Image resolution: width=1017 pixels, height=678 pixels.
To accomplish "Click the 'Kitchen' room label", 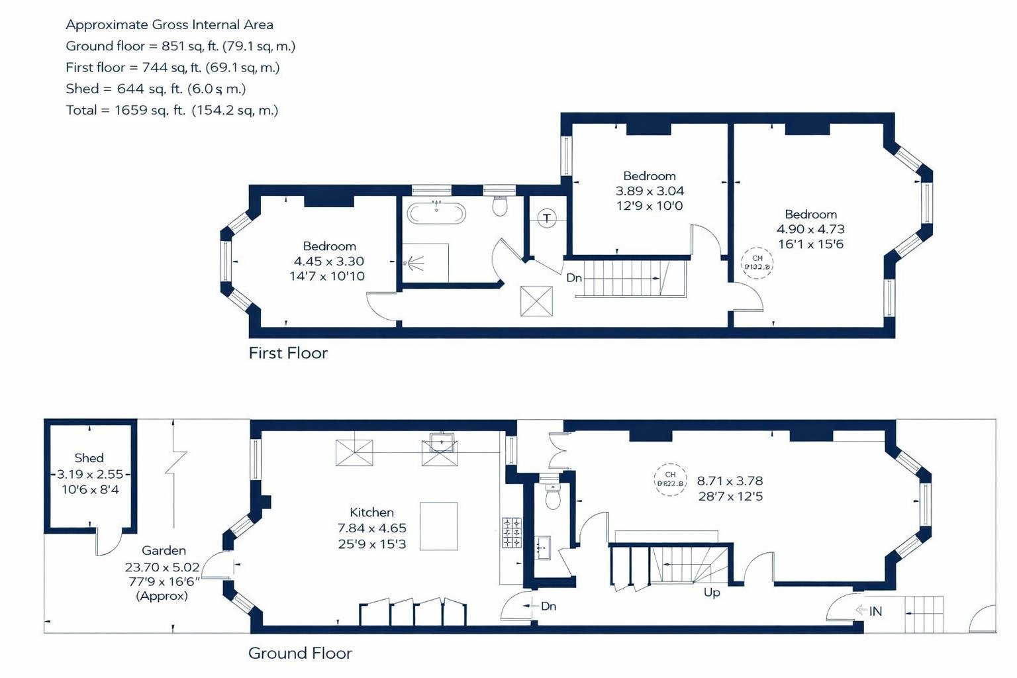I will click(x=371, y=512).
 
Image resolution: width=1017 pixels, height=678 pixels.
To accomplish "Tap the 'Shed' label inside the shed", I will click(x=89, y=458).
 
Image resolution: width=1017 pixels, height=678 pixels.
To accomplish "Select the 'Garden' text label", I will click(x=164, y=550).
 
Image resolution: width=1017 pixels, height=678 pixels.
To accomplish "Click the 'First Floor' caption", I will click(x=288, y=353).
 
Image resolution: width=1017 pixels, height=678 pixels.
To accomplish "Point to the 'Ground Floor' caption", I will click(x=300, y=654).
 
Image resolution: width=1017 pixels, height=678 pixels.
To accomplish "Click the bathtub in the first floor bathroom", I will click(x=436, y=213).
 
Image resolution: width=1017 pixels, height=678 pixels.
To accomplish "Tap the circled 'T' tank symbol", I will click(x=547, y=218).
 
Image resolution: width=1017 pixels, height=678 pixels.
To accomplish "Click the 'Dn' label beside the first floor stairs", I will click(x=574, y=278).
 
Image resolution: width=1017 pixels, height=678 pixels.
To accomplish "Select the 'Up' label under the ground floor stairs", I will click(x=712, y=592).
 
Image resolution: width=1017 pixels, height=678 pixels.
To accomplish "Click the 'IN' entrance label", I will click(x=875, y=611).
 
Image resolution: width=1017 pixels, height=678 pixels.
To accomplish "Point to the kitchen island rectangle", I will click(x=439, y=526).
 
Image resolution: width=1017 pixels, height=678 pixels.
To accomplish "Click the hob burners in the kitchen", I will click(x=511, y=533).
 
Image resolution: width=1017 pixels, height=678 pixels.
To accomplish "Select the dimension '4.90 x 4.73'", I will click(x=810, y=229).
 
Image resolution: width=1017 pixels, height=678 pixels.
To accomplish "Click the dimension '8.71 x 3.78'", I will click(x=730, y=481).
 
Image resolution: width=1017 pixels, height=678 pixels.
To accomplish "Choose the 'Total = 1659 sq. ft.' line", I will click(x=171, y=110).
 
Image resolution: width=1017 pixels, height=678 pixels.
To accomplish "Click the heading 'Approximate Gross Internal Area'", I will click(x=169, y=25).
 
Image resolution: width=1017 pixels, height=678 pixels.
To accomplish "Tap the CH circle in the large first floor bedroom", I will click(x=757, y=263).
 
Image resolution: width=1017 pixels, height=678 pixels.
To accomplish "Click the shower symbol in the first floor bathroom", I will click(x=415, y=263).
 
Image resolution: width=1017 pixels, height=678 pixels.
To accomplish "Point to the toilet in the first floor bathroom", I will click(x=500, y=206).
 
